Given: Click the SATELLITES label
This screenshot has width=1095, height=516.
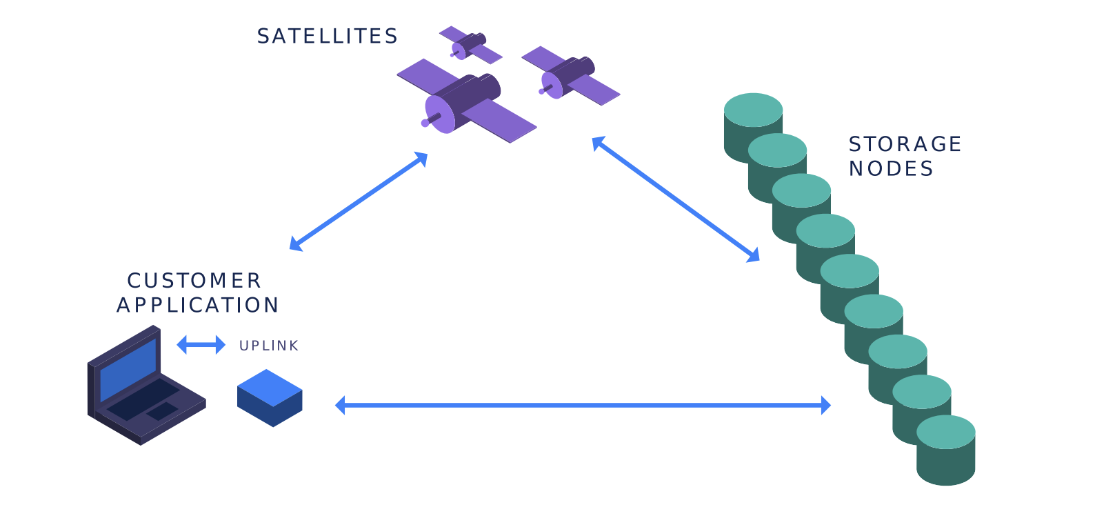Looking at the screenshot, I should click(328, 37).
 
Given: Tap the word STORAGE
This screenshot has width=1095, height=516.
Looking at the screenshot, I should click(905, 144).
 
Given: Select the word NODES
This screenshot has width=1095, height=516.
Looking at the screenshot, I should click(891, 168).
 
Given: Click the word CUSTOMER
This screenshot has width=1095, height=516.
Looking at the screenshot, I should click(194, 281).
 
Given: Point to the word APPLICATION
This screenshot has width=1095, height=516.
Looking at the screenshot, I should click(198, 305).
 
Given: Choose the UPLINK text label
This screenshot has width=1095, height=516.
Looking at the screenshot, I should click(269, 346).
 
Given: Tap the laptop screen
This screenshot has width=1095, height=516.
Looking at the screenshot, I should click(128, 369).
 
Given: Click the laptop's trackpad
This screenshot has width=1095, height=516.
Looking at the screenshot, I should click(161, 411).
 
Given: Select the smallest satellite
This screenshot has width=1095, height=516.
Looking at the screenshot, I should click(470, 45).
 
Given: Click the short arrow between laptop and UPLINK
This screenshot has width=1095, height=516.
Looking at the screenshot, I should click(201, 344).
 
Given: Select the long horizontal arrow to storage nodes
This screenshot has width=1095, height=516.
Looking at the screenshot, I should click(583, 406).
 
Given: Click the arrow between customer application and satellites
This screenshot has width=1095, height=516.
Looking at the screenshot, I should click(359, 201).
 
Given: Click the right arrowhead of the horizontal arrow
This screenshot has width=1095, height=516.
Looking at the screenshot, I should click(825, 406).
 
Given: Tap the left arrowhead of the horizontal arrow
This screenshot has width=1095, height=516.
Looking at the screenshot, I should click(340, 406).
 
